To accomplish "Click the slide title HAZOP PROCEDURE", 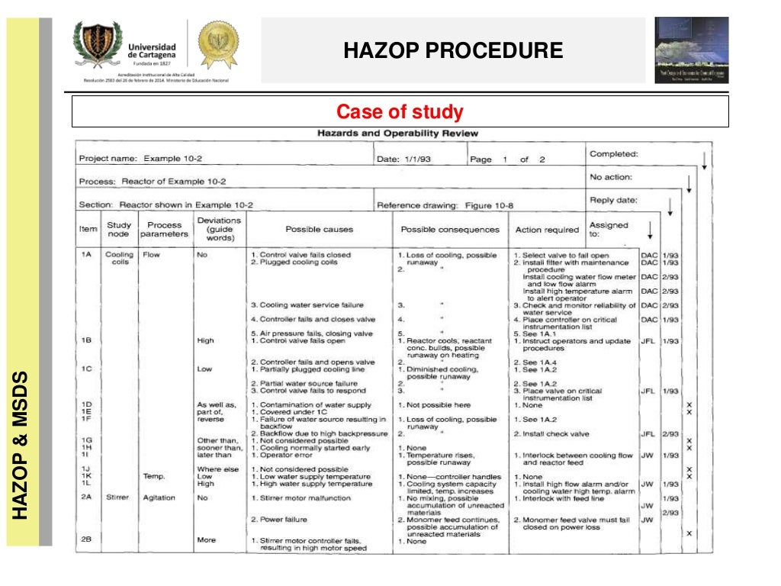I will [453, 50].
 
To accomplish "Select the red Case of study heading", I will [400, 112].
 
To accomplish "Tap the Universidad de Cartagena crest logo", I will [98, 45].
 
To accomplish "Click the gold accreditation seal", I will [218, 44].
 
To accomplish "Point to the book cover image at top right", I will [691, 50].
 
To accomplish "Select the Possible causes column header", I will [319, 229].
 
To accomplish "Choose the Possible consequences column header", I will [450, 229].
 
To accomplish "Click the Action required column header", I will [547, 229].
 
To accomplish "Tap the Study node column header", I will [119, 230].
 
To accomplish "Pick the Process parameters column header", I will [165, 230].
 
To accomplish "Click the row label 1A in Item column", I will [87, 255].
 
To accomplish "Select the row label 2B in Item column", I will [87, 539].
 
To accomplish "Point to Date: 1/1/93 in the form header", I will [406, 159].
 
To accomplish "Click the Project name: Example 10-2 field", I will [141, 159].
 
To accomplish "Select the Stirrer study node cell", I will [119, 497].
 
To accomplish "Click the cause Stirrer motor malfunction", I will [301, 498].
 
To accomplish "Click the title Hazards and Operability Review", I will [397, 134].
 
